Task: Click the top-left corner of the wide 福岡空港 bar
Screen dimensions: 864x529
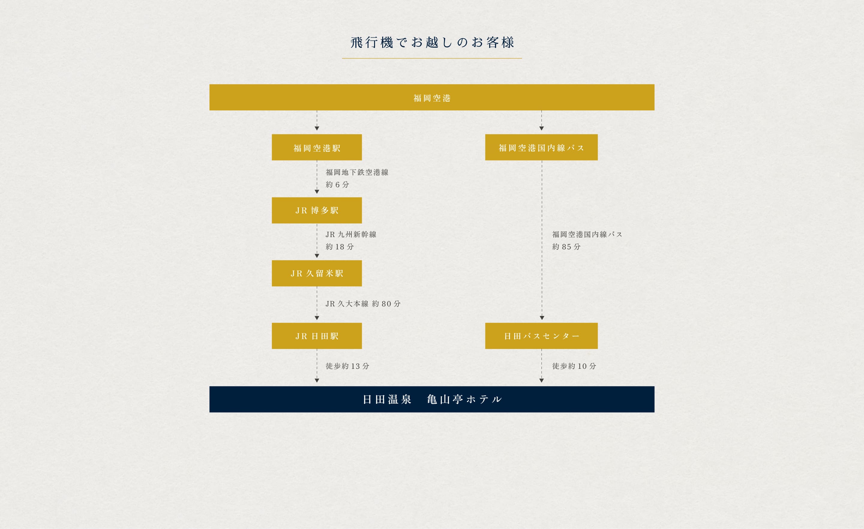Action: point(210,85)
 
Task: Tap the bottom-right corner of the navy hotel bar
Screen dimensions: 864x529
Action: point(654,412)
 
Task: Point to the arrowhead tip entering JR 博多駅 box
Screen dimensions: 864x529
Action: point(317,194)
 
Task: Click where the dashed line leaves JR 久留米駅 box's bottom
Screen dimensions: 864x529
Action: point(317,286)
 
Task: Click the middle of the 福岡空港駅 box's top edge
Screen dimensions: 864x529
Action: point(317,134)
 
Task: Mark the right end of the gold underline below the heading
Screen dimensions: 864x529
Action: point(522,58)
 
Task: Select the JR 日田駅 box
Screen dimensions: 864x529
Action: point(317,336)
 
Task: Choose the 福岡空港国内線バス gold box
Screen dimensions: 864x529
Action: point(541,147)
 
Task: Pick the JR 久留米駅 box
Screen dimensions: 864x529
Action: point(317,273)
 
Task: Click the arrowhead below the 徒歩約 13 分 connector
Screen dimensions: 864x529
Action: point(317,380)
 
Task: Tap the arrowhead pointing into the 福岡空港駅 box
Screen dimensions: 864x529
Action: point(317,128)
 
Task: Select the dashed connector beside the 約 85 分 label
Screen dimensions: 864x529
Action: point(542,240)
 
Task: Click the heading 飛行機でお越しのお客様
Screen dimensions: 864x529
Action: point(432,42)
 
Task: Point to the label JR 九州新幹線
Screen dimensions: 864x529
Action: point(351,234)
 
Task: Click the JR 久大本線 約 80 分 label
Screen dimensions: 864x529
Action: point(363,304)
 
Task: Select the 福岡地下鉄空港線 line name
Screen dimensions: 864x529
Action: point(357,172)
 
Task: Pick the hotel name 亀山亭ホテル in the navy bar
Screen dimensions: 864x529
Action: point(464,399)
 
